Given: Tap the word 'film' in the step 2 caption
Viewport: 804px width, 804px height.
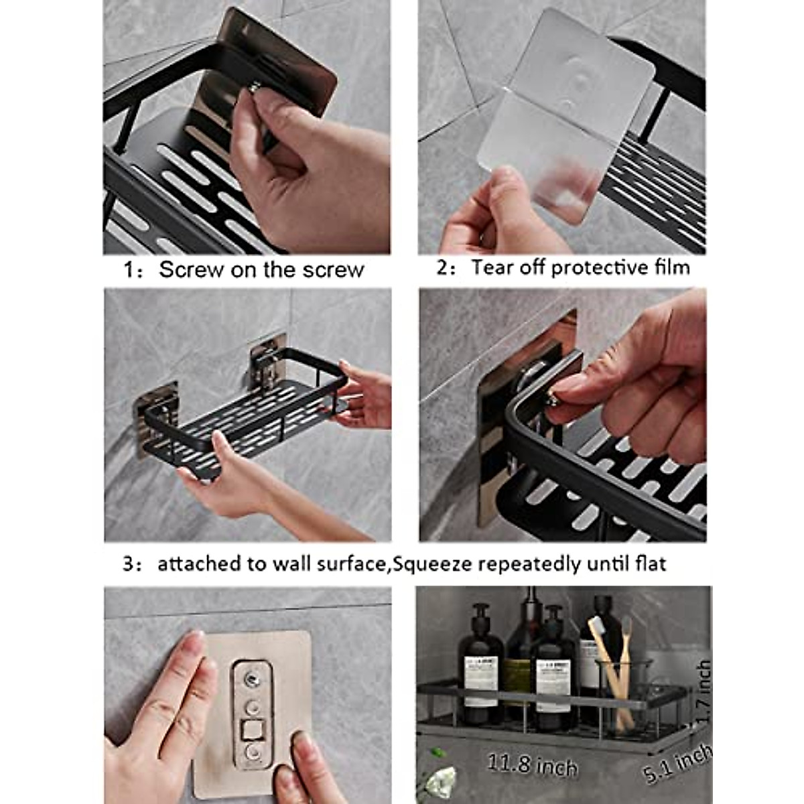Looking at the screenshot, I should (x=672, y=267).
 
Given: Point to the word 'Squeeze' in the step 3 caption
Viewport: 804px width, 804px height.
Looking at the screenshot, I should (x=433, y=564).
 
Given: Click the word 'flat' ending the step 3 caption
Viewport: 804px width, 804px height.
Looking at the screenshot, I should (x=652, y=563).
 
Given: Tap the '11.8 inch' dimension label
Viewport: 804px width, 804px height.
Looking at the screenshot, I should (x=531, y=764).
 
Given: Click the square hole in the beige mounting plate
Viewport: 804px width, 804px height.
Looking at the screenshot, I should (x=254, y=728).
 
